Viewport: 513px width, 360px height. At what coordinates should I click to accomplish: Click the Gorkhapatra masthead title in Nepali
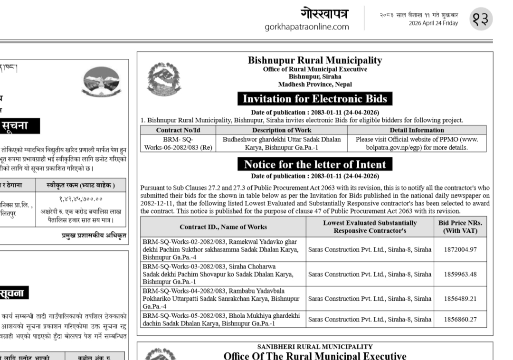pos(324,13)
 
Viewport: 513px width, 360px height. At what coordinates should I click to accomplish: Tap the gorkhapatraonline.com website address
pos(307,27)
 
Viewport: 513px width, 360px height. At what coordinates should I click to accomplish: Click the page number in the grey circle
pos(481,19)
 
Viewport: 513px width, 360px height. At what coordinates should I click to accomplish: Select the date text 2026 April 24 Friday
pos(433,23)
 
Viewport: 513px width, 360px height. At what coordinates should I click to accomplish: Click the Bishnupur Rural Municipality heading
pos(314,60)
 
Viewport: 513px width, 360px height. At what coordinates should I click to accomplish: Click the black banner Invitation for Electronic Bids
pos(315,99)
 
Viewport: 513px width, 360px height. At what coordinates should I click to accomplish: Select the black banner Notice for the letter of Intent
pos(315,164)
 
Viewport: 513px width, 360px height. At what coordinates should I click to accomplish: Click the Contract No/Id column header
pos(178,130)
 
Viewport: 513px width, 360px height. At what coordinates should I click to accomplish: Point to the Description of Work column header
pos(282,130)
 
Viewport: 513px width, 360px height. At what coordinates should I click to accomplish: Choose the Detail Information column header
pos(417,130)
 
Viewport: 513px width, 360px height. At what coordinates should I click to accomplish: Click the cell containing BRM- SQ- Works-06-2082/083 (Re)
pos(178,143)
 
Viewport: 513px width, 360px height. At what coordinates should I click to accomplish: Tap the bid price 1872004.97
pos(460,249)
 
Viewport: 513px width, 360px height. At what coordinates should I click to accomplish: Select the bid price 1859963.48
pos(460,274)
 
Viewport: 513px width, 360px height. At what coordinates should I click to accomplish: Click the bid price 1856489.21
pos(460,299)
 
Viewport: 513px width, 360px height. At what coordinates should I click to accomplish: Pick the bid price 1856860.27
pos(460,320)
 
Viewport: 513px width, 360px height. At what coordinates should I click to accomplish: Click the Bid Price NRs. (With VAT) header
pos(460,227)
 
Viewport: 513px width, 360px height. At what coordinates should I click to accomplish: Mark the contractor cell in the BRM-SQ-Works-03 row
pos(370,274)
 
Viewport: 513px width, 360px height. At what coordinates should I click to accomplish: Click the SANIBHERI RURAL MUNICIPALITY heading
pos(314,347)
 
